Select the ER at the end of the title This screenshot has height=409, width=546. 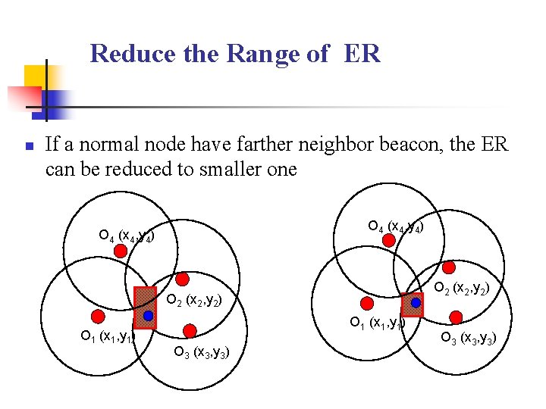pos(361,54)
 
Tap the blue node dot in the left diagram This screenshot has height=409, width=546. pos(149,315)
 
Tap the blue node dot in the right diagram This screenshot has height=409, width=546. pos(416,302)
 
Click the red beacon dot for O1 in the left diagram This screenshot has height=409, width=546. pos(97,315)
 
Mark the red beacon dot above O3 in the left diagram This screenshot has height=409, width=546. pos(190,330)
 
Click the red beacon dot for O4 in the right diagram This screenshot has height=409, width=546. pos(389,240)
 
